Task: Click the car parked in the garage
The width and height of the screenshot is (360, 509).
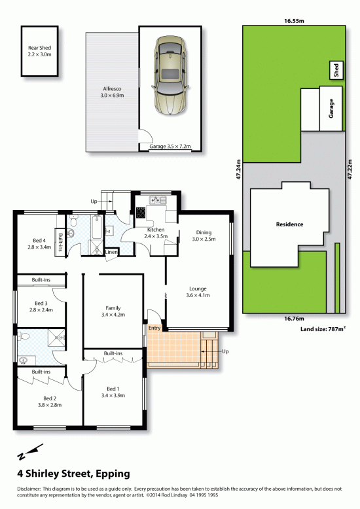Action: point(170,75)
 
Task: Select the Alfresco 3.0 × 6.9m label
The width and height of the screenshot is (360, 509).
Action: point(112,92)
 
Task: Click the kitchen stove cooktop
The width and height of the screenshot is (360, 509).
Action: point(141,213)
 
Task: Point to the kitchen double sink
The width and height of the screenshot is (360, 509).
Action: point(158,200)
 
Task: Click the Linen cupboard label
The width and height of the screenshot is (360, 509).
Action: point(111,252)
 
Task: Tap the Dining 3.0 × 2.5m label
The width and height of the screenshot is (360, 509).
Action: point(204,236)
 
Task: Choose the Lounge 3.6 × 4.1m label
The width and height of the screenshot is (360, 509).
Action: point(198,292)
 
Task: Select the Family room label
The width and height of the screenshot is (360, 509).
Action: point(113,311)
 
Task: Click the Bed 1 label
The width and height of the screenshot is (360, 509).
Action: point(113,392)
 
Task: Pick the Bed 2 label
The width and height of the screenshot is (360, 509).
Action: point(50,402)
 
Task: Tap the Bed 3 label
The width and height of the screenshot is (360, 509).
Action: point(41,306)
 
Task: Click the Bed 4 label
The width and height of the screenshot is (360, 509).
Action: point(39,244)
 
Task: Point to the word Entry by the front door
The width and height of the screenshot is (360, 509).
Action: point(154,328)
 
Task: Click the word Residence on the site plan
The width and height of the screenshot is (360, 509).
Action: point(289,224)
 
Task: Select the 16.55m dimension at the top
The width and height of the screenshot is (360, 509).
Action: point(294,21)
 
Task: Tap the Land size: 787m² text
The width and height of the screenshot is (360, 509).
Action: point(323,329)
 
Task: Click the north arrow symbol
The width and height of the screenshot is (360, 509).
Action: point(30,452)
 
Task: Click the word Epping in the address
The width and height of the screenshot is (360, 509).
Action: point(113,474)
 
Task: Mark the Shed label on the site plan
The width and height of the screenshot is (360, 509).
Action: point(336,70)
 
